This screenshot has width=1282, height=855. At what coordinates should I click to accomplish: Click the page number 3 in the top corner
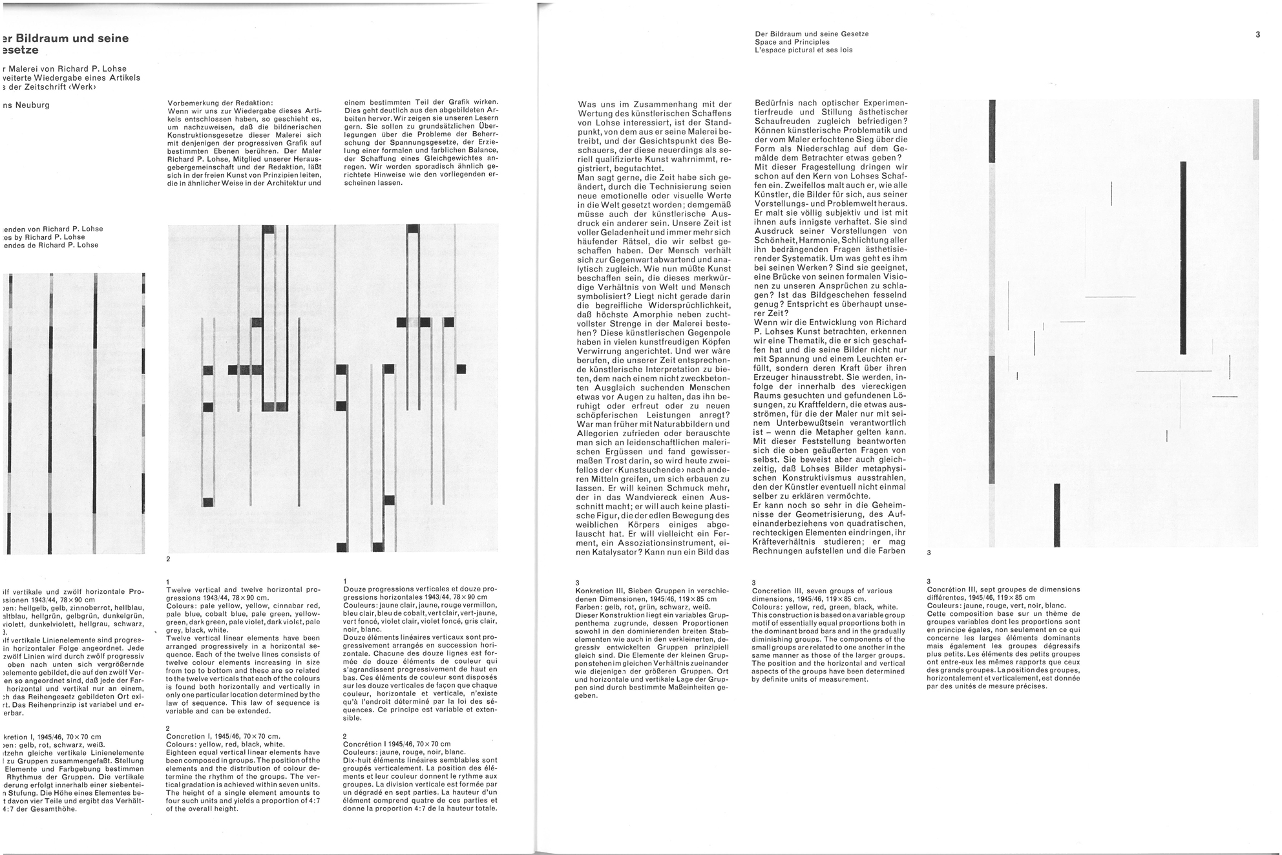tap(1257, 35)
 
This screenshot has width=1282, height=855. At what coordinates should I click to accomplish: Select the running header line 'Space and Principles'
tap(792, 42)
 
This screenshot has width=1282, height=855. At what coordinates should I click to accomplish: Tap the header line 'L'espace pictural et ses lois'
tap(803, 50)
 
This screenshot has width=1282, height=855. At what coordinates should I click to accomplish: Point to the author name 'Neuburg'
tap(27, 105)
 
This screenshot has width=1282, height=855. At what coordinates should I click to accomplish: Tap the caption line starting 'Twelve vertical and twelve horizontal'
tap(242, 589)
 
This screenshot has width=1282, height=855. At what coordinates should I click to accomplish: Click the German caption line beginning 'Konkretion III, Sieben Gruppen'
tap(652, 591)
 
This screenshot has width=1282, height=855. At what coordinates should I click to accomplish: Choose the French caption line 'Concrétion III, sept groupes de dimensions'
tap(1003, 589)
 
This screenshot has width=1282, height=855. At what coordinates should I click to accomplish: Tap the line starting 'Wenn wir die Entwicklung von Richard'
tap(830, 322)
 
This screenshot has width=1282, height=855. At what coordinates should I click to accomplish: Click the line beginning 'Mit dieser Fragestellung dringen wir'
tap(831, 167)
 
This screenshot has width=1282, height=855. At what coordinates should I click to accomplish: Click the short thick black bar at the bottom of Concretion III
tap(1057, 514)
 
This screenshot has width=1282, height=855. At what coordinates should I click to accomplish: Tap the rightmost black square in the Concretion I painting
tap(461, 369)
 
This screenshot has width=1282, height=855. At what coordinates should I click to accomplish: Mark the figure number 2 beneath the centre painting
tap(168, 559)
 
